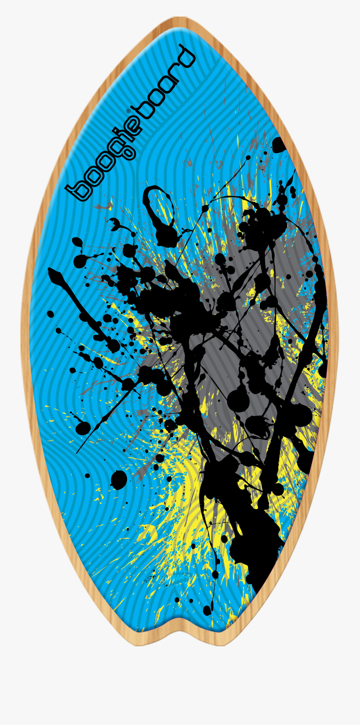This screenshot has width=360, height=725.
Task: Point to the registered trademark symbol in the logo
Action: point(128,111)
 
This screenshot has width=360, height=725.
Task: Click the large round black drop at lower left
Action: point(119,479)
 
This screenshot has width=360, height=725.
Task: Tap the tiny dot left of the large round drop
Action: point(88,475)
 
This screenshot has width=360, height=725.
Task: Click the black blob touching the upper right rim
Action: point(280,144)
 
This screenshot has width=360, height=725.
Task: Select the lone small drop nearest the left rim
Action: point(50,314)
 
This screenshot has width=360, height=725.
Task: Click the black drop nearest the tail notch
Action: point(207,610)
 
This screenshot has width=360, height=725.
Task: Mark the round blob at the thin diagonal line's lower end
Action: point(82,428)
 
